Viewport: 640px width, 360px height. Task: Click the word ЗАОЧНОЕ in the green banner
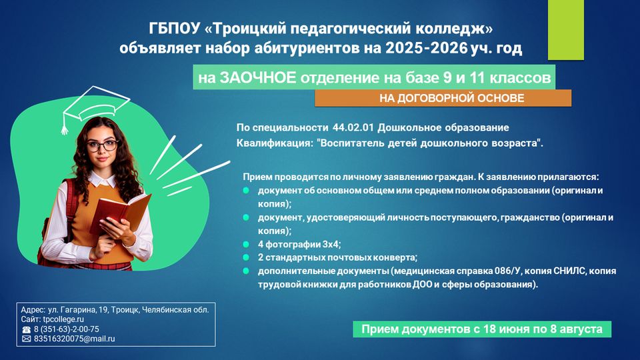click(257, 77)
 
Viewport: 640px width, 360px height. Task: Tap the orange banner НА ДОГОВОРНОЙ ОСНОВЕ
click(443, 99)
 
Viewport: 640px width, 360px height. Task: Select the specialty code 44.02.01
click(353, 127)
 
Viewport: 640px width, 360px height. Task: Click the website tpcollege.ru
click(63, 319)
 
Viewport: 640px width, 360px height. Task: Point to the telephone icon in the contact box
click(26, 329)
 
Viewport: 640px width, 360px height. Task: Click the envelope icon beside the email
click(26, 339)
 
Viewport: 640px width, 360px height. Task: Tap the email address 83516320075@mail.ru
click(74, 339)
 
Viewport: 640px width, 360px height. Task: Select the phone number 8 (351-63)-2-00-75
click(67, 329)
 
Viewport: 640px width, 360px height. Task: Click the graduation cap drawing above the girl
click(95, 107)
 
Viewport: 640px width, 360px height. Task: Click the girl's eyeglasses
click(103, 146)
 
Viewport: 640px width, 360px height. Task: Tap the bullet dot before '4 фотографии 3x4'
click(246, 244)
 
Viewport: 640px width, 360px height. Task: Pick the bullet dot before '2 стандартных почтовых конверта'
click(246, 257)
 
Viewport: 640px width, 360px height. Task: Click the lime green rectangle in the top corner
click(566, 30)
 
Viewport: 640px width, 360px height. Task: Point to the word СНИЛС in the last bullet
click(569, 271)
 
